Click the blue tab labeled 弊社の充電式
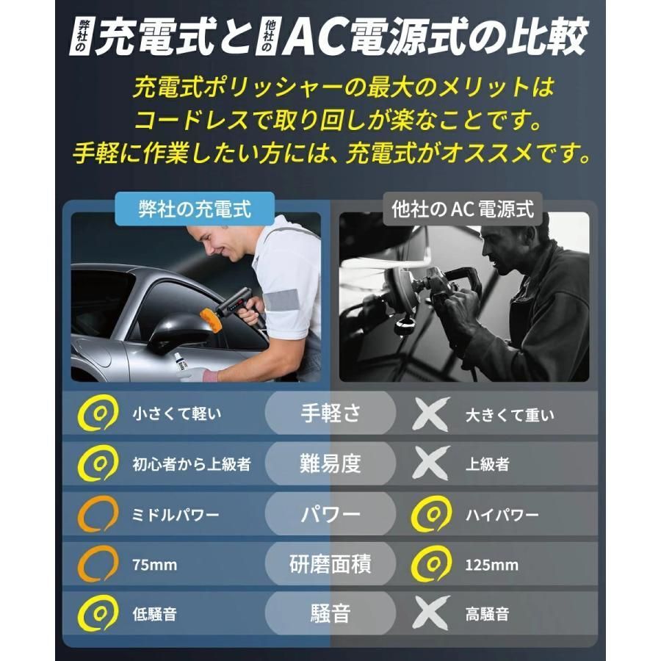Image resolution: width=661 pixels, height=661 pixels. point(195,209)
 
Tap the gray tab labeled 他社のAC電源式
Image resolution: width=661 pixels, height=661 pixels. point(463,209)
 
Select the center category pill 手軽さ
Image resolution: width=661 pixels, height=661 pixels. point(330,413)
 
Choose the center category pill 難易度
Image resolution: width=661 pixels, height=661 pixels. point(330,463)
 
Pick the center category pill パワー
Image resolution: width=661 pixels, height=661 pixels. point(330,514)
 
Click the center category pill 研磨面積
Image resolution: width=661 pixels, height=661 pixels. point(330,564)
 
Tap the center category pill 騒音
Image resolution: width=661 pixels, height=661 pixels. point(330,613)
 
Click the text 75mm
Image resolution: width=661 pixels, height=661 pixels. point(155,565)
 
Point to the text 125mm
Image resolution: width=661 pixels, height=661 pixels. point(491,565)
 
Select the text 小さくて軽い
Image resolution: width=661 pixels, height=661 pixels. point(177,413)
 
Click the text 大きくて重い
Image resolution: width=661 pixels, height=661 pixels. point(510,415)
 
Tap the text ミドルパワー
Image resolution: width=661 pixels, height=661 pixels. point(176,515)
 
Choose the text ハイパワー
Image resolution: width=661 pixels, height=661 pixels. point(502,515)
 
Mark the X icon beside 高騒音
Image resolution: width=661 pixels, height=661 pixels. point(431,613)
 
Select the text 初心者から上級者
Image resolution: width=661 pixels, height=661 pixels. point(192,464)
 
